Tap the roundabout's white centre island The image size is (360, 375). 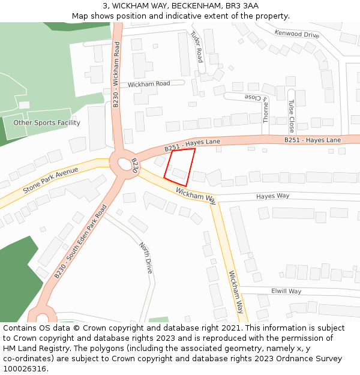pyautogui.click(x=125, y=163)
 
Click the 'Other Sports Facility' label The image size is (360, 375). pyautogui.click(x=47, y=123)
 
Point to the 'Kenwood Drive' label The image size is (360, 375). pyautogui.click(x=296, y=34)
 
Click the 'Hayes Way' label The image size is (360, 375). pyautogui.click(x=272, y=196)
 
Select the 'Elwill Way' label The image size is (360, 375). pyautogui.click(x=286, y=291)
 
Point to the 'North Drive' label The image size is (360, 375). pyautogui.click(x=146, y=258)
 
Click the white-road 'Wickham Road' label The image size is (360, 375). pyautogui.click(x=149, y=84)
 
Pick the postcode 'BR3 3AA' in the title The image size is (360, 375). pyautogui.click(x=244, y=6)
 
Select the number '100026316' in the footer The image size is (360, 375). pyautogui.click(x=25, y=368)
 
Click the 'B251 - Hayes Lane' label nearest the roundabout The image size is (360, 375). pyautogui.click(x=192, y=144)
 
